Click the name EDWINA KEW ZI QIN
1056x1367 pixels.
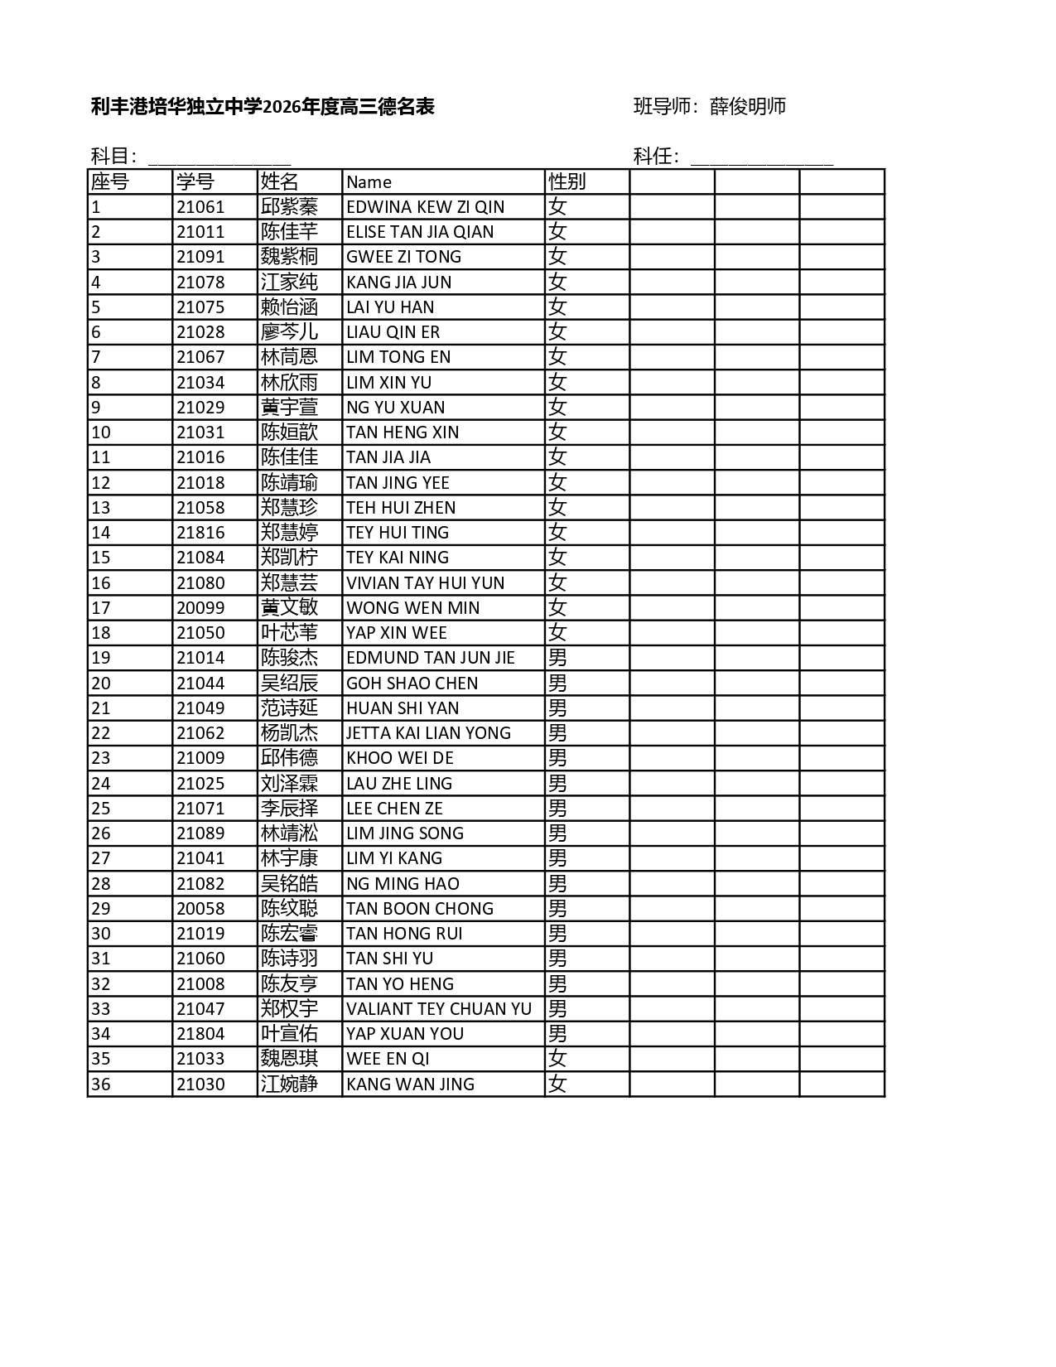(425, 207)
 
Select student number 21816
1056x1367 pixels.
(200, 533)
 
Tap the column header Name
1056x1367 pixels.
(369, 182)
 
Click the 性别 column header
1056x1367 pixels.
(567, 181)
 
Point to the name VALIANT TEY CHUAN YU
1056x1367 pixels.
(439, 1009)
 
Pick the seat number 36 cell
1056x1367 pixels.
(101, 1084)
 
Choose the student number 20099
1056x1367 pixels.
(200, 608)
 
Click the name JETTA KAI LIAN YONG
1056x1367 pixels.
(428, 733)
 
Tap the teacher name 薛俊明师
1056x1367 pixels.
(748, 106)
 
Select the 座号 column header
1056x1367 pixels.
(110, 181)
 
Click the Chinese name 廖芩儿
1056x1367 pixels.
(289, 332)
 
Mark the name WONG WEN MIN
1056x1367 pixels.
(412, 608)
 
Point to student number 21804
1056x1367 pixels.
(200, 1034)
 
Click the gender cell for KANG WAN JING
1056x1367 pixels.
(557, 1084)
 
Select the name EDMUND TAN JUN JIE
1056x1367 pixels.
(431, 658)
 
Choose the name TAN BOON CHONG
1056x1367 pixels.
(419, 909)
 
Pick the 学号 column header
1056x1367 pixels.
(195, 181)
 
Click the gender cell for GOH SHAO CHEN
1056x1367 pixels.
(557, 683)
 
